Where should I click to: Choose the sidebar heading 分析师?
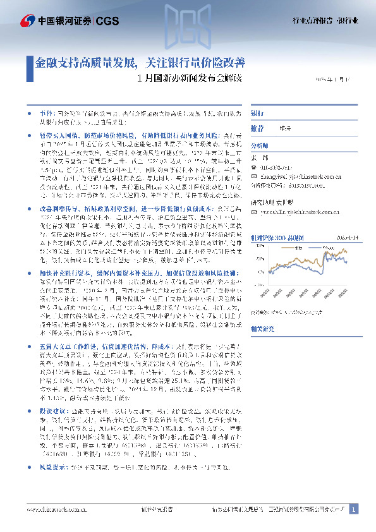[x=260, y=144]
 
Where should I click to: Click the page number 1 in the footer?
[x=354, y=509]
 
